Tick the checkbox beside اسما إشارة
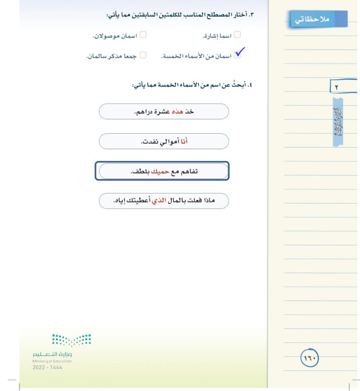point(237,34)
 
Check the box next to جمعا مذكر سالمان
point(143,55)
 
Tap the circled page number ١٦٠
point(310,359)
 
